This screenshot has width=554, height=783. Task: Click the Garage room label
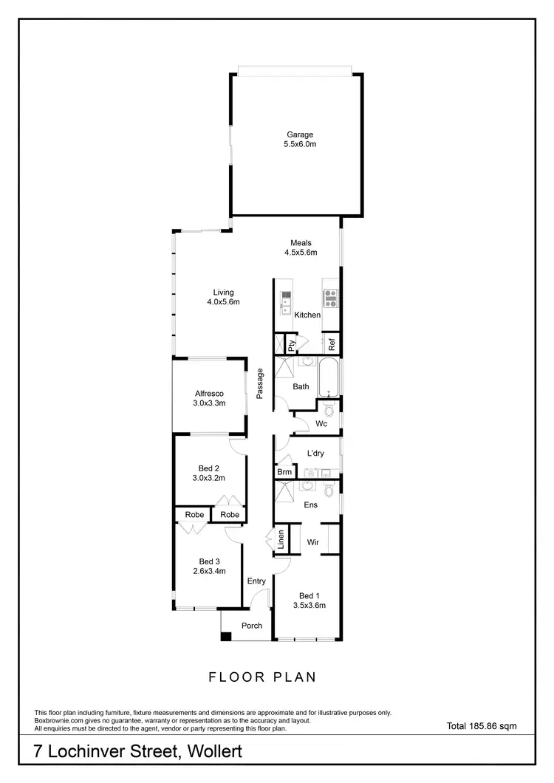coord(301,134)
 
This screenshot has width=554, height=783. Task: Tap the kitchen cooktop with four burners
coord(329,298)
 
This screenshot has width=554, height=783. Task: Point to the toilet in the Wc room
coord(329,409)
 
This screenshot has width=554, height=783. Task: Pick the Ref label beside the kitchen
coord(332,343)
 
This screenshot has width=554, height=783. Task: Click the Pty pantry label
coord(292,343)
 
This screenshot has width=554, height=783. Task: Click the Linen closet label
coord(280,540)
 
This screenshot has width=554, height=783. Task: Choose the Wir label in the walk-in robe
coord(313,541)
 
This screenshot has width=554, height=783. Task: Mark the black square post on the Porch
coord(226,635)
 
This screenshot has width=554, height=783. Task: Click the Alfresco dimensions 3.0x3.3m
coord(209,403)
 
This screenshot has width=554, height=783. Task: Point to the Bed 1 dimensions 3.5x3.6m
coord(310,605)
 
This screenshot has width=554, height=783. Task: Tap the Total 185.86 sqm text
coord(482,726)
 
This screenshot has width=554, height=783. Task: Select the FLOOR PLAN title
coord(263,676)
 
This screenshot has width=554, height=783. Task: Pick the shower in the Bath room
coord(285,368)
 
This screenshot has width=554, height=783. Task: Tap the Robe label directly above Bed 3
coord(194,514)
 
